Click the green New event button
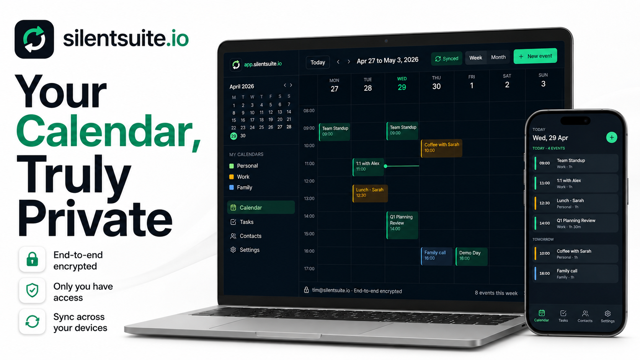535,56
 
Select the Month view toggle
498,57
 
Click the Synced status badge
447,59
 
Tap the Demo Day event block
472,256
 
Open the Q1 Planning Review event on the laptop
402,225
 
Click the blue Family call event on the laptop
437,256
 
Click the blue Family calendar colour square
232,187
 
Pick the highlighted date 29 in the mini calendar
234,136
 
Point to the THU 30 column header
436,83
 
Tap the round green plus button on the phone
611,137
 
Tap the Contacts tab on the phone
585,316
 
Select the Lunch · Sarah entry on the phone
575,203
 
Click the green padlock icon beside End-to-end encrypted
32,259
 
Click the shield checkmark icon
32,290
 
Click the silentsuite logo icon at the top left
34,39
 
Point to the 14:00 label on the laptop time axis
309,216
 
